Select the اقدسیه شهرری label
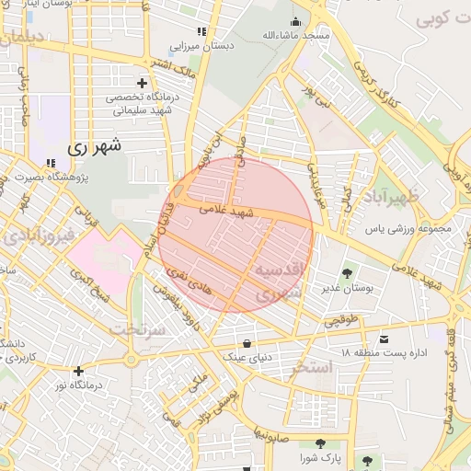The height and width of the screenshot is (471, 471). click(277, 281)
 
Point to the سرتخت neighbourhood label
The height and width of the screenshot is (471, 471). click(136, 327)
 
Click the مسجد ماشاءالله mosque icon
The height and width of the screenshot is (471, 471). click(295, 22)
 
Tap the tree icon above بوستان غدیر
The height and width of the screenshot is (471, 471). click(347, 272)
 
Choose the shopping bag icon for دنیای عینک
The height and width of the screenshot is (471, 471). click(246, 344)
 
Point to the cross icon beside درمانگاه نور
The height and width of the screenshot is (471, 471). click(79, 371)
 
